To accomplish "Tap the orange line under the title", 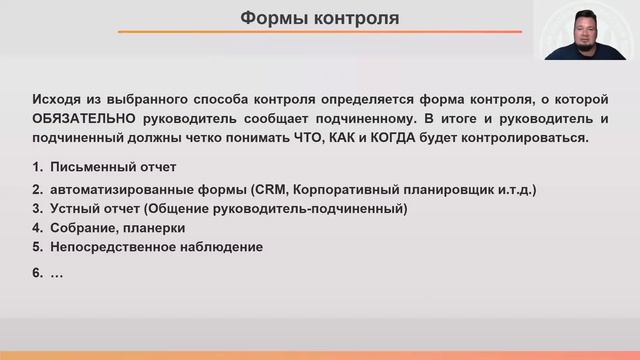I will [319, 33].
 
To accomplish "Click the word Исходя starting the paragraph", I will [56, 100].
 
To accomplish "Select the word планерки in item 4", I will [157, 228].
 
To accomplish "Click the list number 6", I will [38, 271].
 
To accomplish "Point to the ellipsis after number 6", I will [57, 273].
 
